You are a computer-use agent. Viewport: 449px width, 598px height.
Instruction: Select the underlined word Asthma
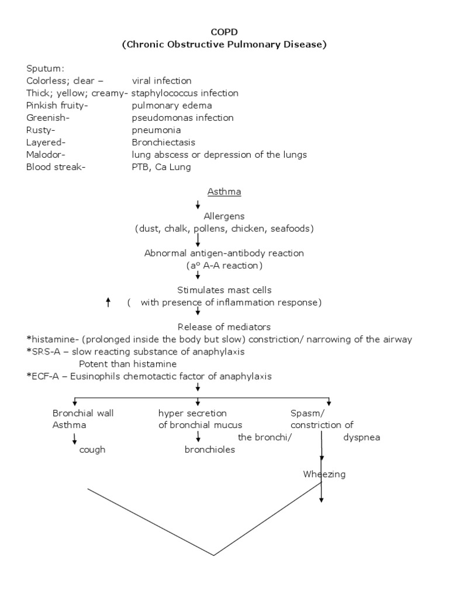[224, 192]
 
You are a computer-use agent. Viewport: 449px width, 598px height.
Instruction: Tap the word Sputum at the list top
[44, 68]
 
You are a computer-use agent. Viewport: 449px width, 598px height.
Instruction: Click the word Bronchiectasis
[163, 142]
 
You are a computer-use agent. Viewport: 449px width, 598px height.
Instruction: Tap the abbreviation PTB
[140, 166]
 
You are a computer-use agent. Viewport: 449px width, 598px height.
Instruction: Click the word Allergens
[224, 216]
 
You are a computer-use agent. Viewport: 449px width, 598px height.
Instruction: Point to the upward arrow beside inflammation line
[108, 302]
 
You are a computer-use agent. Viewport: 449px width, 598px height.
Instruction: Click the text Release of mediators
[224, 326]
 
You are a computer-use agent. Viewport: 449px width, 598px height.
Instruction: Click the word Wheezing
[324, 474]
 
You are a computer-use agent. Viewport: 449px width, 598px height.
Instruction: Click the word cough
[92, 450]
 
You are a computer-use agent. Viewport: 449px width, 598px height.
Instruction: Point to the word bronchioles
[210, 450]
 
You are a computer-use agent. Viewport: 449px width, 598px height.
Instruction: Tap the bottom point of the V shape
[214, 555]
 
